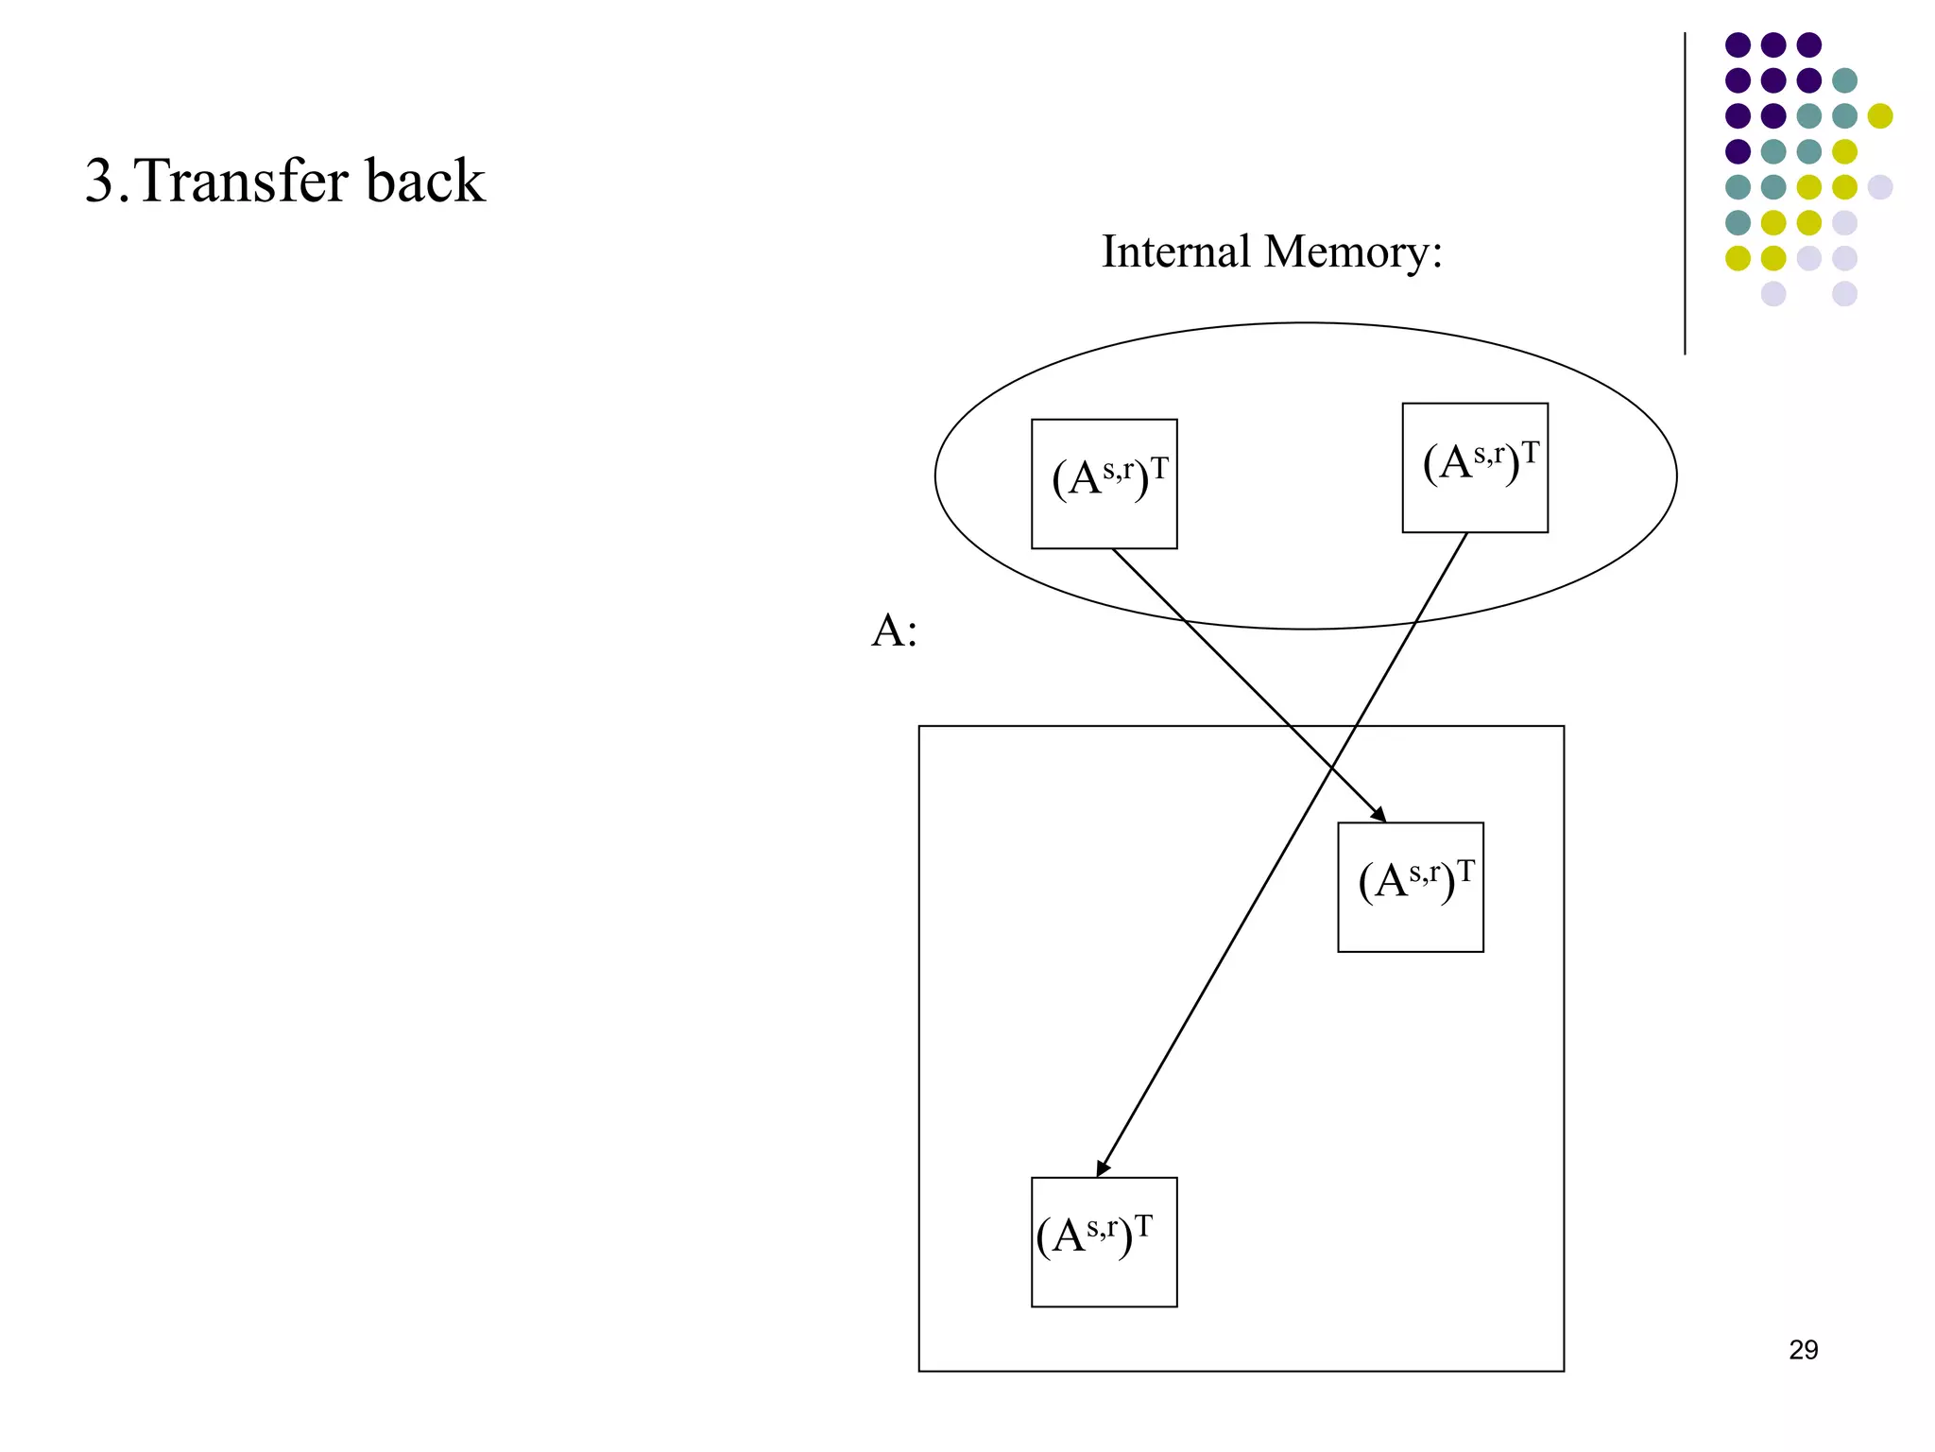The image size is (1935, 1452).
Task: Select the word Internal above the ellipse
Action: pos(1175,252)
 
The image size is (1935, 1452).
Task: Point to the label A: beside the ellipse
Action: pos(894,631)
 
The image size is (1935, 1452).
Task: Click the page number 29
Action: pos(1803,1350)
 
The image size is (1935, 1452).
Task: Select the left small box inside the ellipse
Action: pos(1104,484)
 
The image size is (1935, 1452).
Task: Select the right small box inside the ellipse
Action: pos(1474,468)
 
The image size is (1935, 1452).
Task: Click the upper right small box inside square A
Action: pos(1410,887)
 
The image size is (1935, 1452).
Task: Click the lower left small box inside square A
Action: pos(1104,1242)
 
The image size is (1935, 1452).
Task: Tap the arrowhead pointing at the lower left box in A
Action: pos(1102,1169)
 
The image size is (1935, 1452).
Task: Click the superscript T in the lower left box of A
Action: pos(1143,1226)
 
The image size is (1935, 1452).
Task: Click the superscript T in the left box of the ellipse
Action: pos(1159,468)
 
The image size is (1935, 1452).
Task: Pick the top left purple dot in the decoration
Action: pos(1738,44)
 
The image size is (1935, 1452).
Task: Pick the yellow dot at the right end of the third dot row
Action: pos(1880,115)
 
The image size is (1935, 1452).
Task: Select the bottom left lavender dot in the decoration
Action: pos(1773,293)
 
